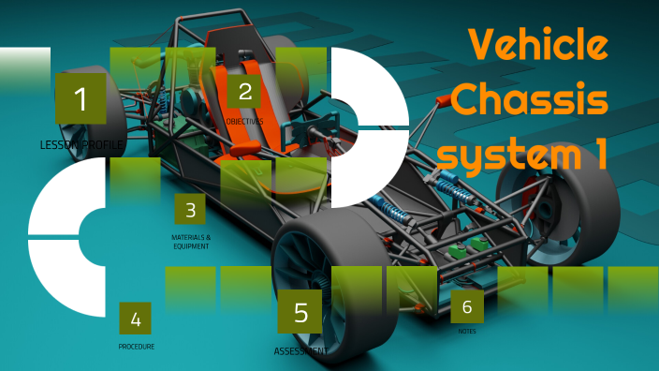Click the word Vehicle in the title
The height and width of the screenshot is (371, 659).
[x=537, y=43]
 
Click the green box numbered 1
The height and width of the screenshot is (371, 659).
[x=81, y=99]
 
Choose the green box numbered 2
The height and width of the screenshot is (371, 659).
[x=245, y=92]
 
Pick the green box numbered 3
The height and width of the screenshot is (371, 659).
[x=190, y=211]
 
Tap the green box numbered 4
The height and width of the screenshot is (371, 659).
[x=136, y=319]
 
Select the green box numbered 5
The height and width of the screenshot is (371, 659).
[x=300, y=312]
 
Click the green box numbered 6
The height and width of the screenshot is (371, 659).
[x=467, y=305]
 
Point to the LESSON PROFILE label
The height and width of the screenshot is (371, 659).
[x=81, y=145]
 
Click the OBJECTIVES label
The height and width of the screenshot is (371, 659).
[x=245, y=122]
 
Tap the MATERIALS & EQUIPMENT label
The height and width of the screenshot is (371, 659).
[x=191, y=242]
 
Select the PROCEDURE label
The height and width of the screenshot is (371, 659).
[x=137, y=347]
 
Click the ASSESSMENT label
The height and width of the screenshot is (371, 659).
[x=300, y=351]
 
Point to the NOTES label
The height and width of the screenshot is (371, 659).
[x=467, y=332]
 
